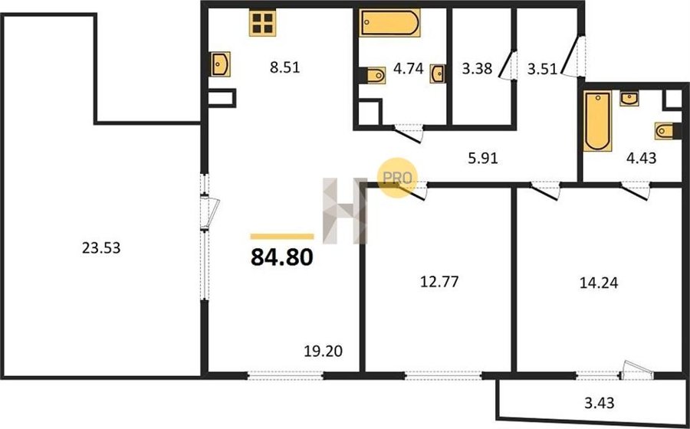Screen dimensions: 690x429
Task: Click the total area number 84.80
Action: [x=281, y=257]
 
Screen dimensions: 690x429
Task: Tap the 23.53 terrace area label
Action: [x=101, y=248]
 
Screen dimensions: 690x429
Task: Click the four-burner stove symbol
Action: [x=263, y=23]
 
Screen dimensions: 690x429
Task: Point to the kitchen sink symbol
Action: [x=220, y=64]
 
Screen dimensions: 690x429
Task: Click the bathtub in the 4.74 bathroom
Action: [x=390, y=23]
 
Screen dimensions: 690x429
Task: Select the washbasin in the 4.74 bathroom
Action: [x=438, y=74]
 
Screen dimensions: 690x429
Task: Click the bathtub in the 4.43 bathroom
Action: [x=597, y=121]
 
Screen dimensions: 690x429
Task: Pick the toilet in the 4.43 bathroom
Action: [x=665, y=130]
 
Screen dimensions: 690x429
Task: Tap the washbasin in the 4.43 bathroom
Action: [x=629, y=99]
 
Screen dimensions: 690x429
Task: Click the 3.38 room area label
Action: [x=477, y=68]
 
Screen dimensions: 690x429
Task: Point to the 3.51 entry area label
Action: [x=542, y=70]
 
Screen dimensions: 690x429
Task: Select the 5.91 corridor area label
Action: [x=483, y=158]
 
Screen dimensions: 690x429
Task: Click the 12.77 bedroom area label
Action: [x=439, y=281]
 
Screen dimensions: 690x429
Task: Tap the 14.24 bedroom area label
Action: [x=599, y=283]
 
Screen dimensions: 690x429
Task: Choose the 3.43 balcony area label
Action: [x=600, y=402]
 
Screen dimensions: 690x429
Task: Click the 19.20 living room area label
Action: [x=323, y=351]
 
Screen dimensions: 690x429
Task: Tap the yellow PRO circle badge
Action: [x=397, y=178]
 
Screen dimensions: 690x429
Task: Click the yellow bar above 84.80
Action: [x=282, y=237]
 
